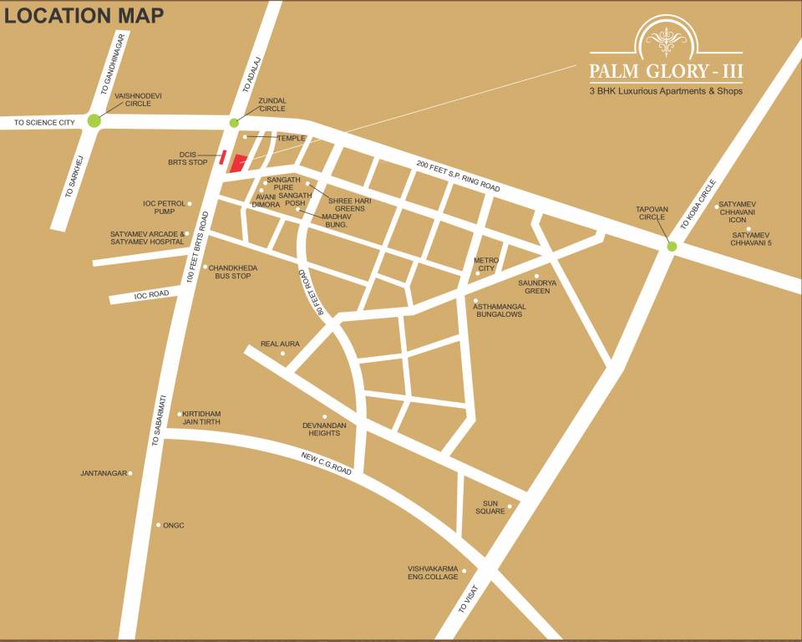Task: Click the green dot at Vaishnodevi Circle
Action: point(94,121)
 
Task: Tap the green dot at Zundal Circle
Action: point(234,123)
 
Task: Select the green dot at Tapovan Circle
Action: point(672,246)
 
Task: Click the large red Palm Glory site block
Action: point(238,163)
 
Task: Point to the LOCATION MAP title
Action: point(84,15)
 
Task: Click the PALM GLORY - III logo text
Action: point(665,72)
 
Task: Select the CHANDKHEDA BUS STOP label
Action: point(232,272)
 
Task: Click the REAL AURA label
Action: point(280,344)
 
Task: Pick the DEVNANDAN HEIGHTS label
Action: point(324,429)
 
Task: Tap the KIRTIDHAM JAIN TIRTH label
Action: point(202,418)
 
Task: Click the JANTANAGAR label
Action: point(104,473)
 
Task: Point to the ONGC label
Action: point(173,525)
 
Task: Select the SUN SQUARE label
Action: point(490,507)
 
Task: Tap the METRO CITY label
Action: point(485,264)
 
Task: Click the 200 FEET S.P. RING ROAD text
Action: point(458,176)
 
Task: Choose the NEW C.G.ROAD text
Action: point(327,461)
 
